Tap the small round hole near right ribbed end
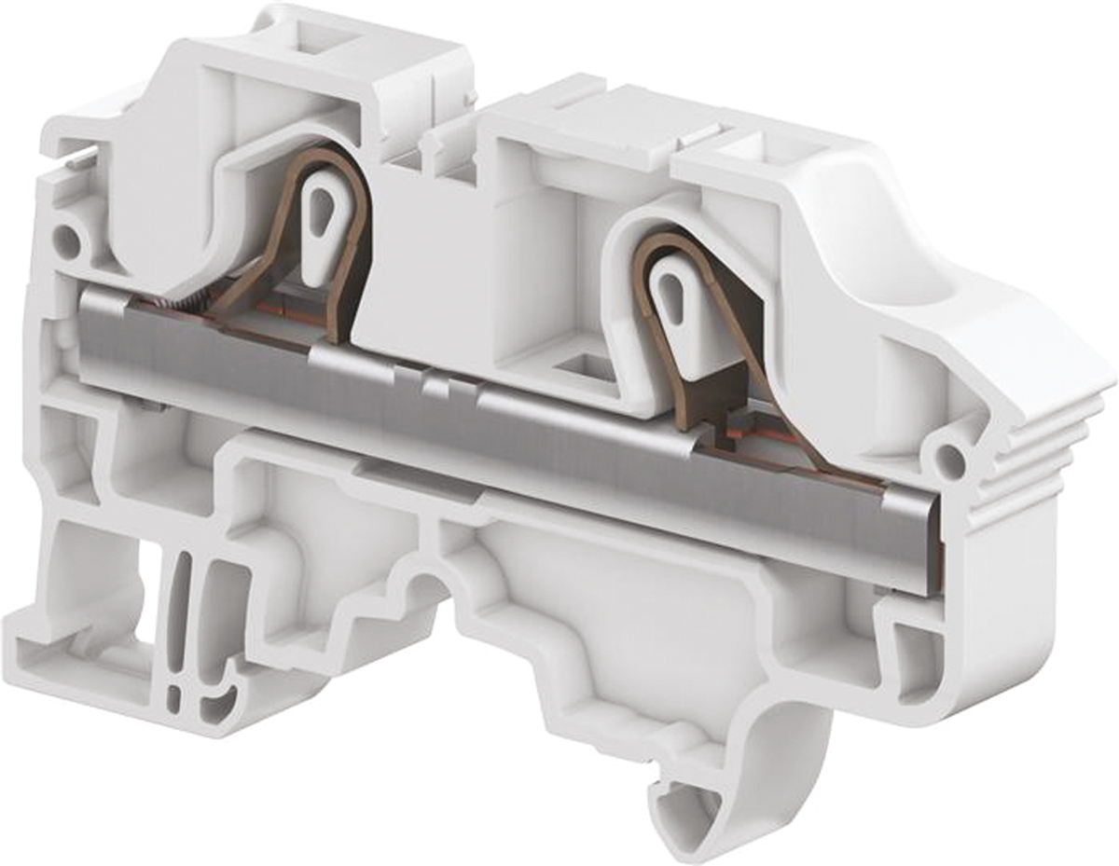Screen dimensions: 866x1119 click(x=948, y=458)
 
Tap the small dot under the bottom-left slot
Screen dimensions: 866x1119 click(x=174, y=697)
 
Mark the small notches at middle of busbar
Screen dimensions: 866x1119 click(x=432, y=382)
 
